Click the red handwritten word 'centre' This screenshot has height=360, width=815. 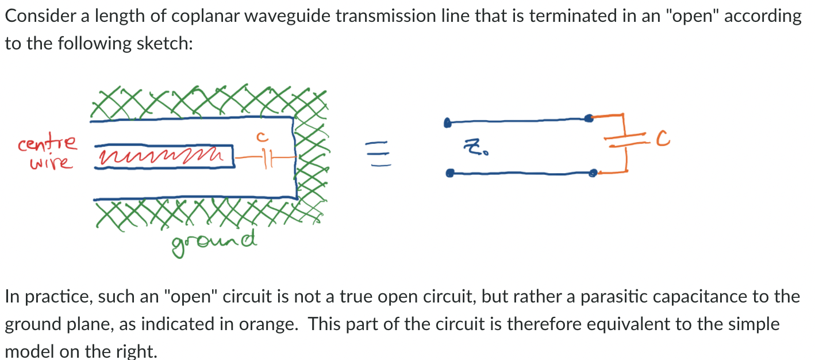coord(47,143)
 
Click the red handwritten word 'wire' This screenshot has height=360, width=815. coord(52,163)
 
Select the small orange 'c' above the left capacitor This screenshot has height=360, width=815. coord(260,137)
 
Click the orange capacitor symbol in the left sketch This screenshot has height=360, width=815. coord(265,156)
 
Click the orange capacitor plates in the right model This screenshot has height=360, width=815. coord(624,142)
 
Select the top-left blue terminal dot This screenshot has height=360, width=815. coord(447,123)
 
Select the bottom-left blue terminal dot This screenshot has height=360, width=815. coord(450,172)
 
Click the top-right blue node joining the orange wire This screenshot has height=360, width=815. coord(588,118)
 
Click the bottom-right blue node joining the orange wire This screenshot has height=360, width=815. coord(594,172)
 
